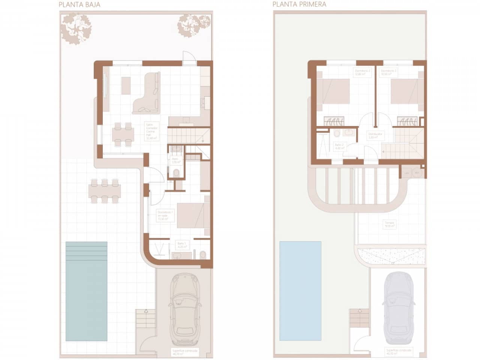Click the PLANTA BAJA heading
pos(79,5)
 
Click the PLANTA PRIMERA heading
pos(299,4)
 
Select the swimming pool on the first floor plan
pos(300,291)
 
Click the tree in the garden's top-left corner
pos(76,28)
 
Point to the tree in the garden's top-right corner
pos(193,25)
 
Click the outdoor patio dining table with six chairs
pos(105,191)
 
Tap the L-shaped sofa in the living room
pos(148,94)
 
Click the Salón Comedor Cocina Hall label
pos(151,131)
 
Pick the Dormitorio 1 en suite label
pos(165,215)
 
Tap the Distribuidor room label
pos(375,135)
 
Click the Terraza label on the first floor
pos(389,224)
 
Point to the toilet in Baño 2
pos(337,133)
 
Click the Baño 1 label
pos(182,245)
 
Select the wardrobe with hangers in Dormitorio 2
pos(334,121)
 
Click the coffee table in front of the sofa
pos(126,85)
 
